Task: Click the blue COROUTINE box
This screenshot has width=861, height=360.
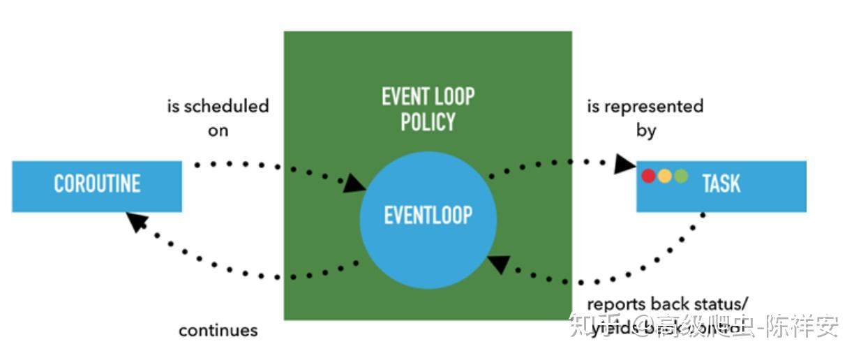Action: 97,186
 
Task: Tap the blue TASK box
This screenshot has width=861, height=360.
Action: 721,186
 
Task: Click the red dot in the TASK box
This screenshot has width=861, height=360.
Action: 648,176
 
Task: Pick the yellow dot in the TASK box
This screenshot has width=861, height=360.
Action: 664,176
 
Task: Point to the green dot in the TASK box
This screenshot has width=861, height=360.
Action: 681,176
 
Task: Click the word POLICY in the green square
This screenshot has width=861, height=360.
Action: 428,121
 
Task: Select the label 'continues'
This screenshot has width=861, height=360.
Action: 218,330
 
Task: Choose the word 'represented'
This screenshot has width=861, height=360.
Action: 653,107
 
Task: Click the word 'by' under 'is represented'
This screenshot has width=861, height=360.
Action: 646,130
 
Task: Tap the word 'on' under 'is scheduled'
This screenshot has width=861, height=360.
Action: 218,130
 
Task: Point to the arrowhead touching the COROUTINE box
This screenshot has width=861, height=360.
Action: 137,223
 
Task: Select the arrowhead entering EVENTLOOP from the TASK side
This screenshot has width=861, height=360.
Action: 497,264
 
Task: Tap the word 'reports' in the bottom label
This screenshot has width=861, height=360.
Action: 616,304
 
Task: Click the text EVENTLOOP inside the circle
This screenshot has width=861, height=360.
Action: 428,215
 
